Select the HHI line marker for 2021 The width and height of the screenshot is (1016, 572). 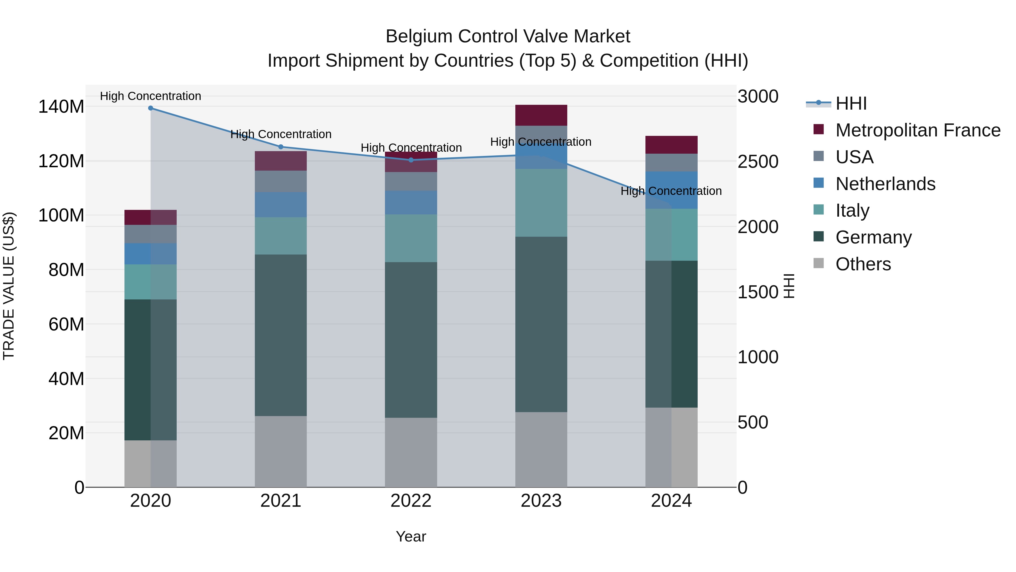[281, 147]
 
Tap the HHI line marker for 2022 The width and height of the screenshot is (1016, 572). [411, 160]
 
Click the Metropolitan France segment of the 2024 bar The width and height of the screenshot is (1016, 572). [671, 144]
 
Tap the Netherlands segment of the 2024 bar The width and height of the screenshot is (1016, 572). [671, 190]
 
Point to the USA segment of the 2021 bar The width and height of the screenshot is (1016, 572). [281, 181]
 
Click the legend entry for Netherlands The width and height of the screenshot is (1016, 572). [885, 184]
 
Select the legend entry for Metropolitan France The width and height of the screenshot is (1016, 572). [918, 130]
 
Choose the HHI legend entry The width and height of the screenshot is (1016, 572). [851, 103]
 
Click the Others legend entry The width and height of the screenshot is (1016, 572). [863, 264]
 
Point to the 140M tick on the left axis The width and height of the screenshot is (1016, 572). [61, 106]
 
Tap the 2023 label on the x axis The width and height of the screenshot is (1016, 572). [541, 501]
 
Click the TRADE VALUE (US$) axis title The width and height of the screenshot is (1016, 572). [9, 286]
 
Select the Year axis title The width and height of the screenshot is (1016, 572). [411, 536]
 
